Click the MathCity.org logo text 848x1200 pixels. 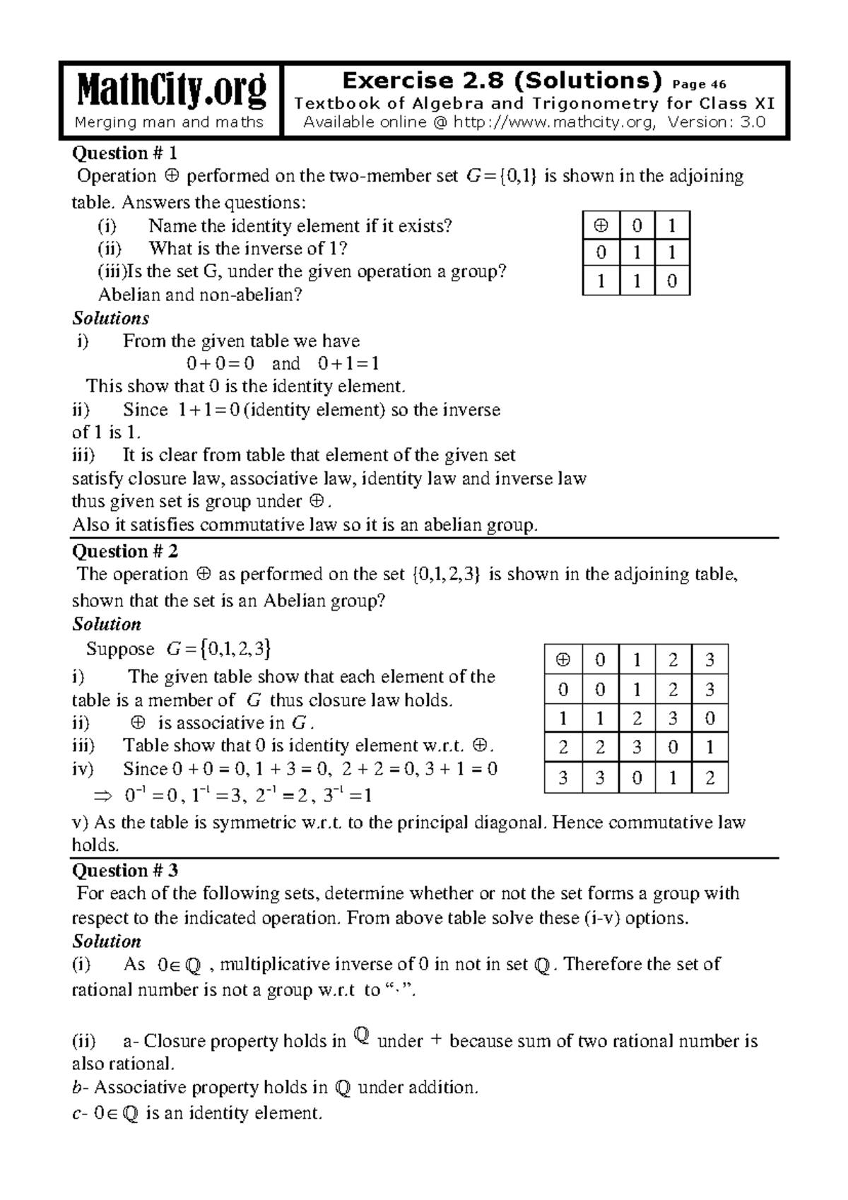(x=170, y=90)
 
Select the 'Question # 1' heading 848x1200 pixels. (x=125, y=153)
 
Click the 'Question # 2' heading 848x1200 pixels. (x=125, y=551)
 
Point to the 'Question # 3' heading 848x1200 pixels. (x=125, y=871)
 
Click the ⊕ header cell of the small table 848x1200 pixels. (x=601, y=225)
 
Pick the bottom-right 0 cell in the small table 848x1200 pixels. (x=672, y=281)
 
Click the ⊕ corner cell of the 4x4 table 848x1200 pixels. (x=563, y=660)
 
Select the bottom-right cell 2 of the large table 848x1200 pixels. (x=710, y=779)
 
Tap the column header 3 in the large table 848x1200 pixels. (x=710, y=660)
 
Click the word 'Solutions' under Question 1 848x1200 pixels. (x=111, y=318)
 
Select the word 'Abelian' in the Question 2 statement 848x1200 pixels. (x=292, y=601)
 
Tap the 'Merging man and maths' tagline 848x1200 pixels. (x=170, y=122)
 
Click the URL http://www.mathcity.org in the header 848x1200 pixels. (x=553, y=122)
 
